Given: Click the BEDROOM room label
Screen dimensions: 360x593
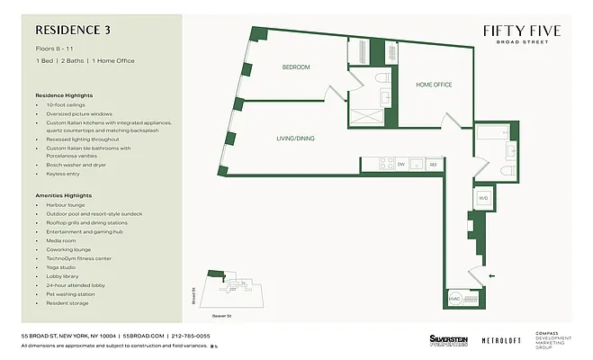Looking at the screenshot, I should pos(296,67).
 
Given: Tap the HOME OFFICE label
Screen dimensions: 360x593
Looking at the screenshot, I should pos(434,85).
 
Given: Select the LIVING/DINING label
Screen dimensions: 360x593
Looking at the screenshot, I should pos(295,138).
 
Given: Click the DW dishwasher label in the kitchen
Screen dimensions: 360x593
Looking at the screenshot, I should pos(401,164).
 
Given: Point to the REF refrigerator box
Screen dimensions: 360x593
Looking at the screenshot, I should pos(433,164).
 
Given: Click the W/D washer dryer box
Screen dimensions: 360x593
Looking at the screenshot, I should pos(482,198).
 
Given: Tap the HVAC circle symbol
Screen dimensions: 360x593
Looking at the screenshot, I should pos(454,298).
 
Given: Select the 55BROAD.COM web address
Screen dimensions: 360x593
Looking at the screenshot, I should pos(144,335).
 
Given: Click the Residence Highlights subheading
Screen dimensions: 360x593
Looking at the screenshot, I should pos(64,94).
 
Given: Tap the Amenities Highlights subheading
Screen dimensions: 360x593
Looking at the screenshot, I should pos(64,194).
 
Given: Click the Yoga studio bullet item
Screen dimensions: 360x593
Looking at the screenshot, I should pos(60,266).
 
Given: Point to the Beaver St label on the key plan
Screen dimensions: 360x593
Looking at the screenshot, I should pos(221,314).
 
